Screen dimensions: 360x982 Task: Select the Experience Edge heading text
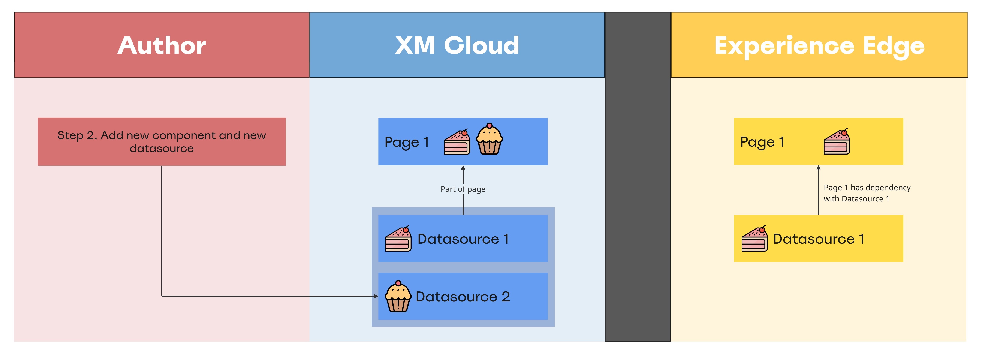click(x=819, y=46)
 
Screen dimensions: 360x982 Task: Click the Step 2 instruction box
click(x=162, y=141)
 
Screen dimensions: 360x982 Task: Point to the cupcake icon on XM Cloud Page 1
click(x=490, y=139)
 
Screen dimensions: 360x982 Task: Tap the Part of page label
click(x=463, y=189)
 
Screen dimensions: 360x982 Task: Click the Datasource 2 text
click(x=463, y=297)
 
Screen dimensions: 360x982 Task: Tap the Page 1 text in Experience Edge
click(x=762, y=142)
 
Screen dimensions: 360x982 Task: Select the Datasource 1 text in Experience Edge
click(x=819, y=239)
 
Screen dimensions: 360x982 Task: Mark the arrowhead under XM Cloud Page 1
click(x=463, y=168)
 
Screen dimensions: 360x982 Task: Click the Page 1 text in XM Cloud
click(x=407, y=142)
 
